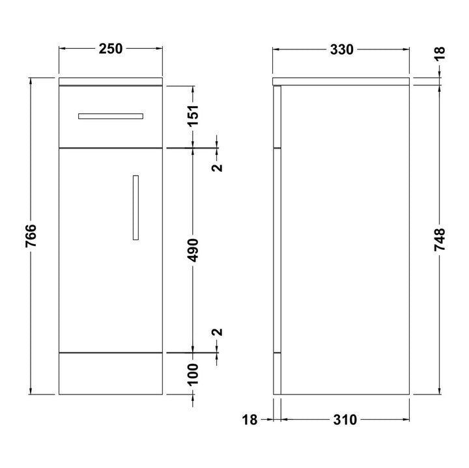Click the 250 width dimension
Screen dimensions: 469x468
(x=111, y=49)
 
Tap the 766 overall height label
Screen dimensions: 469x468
(x=31, y=236)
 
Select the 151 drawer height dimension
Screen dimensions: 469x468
(x=193, y=116)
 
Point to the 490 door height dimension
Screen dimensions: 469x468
(x=193, y=250)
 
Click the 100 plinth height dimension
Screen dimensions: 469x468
(x=193, y=374)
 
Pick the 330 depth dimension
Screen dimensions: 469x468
(x=342, y=49)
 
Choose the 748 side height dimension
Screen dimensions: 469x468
(x=440, y=240)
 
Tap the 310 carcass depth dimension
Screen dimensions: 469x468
(x=345, y=420)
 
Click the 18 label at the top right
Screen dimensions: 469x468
(x=440, y=53)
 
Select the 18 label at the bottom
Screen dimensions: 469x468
(x=249, y=420)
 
